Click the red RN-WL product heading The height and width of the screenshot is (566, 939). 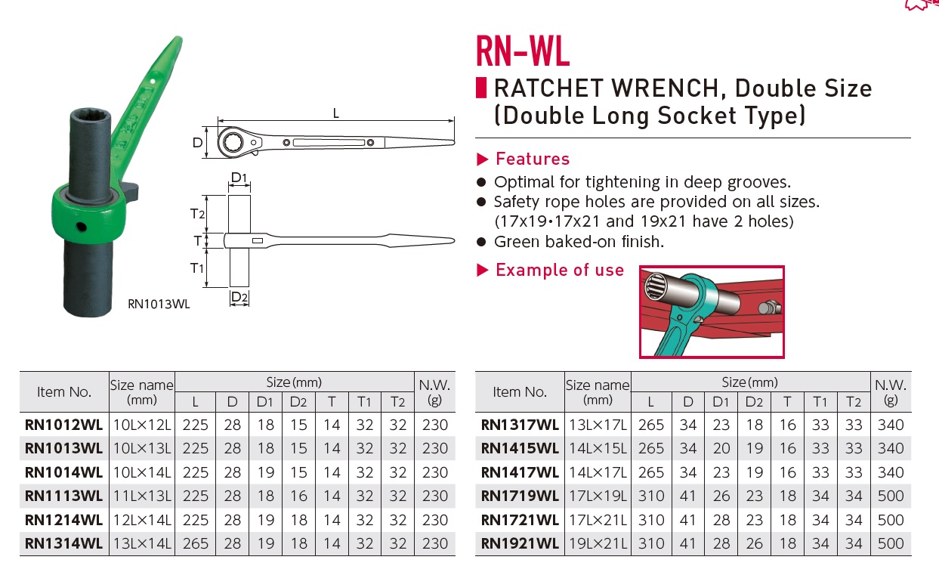[x=522, y=51]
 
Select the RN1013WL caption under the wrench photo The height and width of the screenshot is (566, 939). [x=159, y=305]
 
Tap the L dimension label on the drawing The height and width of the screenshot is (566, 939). [x=335, y=113]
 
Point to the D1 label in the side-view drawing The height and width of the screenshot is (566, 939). [x=239, y=178]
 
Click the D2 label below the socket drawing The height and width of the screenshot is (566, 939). [x=239, y=297]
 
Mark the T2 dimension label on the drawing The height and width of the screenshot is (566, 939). [x=198, y=214]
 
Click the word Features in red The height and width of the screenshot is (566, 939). [x=532, y=159]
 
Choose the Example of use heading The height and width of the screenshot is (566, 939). [x=559, y=270]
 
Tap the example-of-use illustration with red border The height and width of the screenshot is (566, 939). [x=712, y=311]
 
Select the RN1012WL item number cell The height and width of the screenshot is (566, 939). [x=63, y=425]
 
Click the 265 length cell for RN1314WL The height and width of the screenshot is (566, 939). [x=196, y=543]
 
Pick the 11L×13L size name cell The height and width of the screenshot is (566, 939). [x=141, y=496]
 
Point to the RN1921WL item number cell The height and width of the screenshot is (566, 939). [x=520, y=543]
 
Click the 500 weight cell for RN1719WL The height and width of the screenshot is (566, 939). [x=891, y=496]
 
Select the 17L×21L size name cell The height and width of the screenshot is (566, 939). [x=597, y=520]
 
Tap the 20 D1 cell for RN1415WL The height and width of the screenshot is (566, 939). [x=721, y=448]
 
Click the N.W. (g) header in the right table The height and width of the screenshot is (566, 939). [x=891, y=391]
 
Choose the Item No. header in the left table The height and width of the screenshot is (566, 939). [x=64, y=391]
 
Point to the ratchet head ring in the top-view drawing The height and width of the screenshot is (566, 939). [x=232, y=141]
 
